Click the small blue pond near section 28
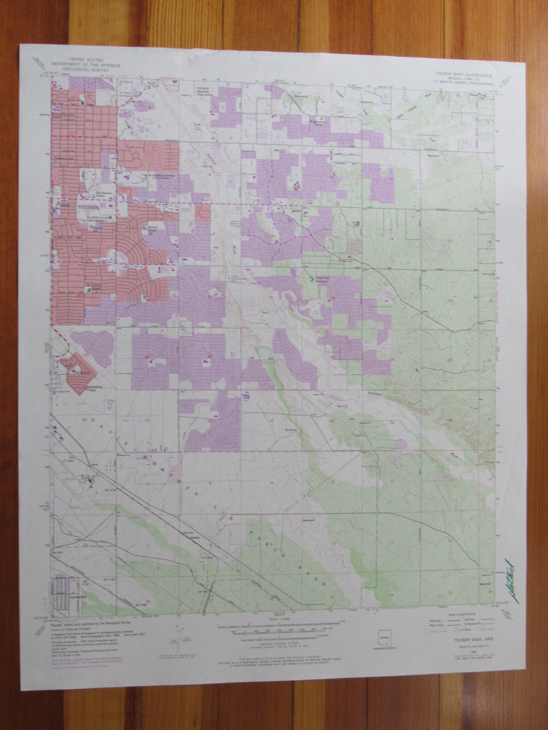point(263,352)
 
